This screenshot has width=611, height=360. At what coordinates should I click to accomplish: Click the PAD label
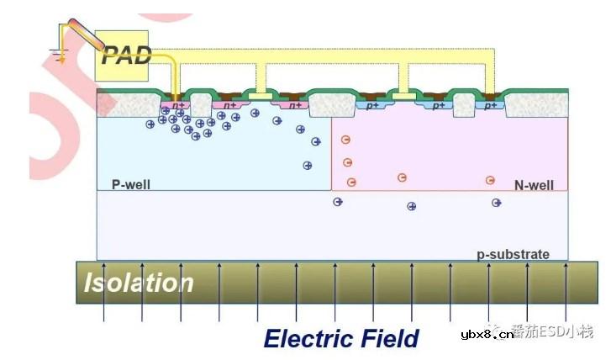point(126,56)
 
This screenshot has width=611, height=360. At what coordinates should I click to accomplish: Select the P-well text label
point(131,184)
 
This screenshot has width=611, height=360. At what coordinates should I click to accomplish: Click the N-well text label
point(534,184)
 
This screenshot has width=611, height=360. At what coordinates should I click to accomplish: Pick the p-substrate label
point(513,253)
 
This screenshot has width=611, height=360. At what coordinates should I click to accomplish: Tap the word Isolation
point(139,283)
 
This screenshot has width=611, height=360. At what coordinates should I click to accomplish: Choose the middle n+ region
point(230,105)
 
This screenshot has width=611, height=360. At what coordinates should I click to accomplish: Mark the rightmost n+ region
point(294,105)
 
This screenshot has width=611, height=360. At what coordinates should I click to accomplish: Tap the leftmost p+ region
point(370,105)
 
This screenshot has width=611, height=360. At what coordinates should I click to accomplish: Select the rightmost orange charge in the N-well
point(490,180)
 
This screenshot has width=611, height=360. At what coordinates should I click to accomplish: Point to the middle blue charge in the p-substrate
point(412,206)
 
